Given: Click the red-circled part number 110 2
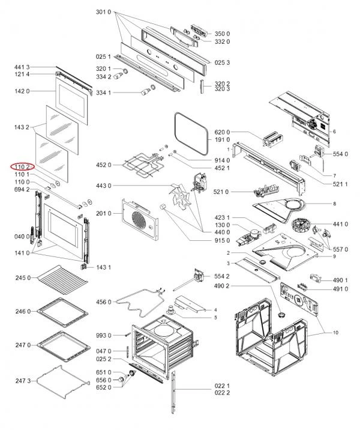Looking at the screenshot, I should (x=21, y=166).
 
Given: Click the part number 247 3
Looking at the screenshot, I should (x=22, y=381).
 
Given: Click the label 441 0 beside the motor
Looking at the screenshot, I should (x=341, y=224).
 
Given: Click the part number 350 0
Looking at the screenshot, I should (x=223, y=34).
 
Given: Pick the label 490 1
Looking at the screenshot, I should (x=341, y=280).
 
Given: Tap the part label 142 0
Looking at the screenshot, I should (x=22, y=91).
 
